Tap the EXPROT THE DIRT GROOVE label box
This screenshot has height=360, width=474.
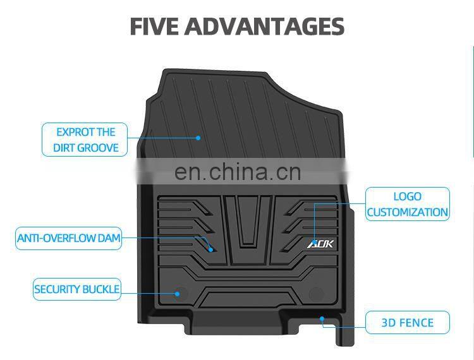click(x=85, y=140)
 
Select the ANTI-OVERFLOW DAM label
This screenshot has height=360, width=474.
click(x=68, y=239)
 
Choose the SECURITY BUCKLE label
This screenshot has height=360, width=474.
click(x=76, y=289)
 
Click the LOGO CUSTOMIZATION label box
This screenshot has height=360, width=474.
click(x=408, y=204)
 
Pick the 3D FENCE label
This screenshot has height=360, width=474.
click(x=408, y=323)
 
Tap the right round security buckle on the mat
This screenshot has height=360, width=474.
click(x=316, y=293)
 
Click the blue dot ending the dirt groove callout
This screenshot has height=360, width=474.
click(x=198, y=137)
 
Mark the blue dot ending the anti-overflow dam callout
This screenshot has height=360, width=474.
click(x=212, y=248)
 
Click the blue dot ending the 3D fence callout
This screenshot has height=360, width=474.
click(x=322, y=318)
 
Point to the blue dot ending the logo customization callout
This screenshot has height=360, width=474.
click(x=315, y=224)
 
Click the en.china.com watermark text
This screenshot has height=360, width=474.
click(x=237, y=172)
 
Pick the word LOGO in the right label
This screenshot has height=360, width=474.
click(x=408, y=196)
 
